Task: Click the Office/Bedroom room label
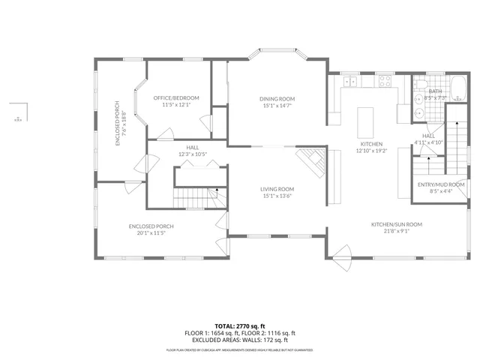[176, 98]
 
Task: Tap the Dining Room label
[277, 99]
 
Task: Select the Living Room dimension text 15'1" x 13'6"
[277, 196]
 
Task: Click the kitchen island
[366, 119]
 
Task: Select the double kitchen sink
[350, 79]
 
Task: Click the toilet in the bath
[420, 83]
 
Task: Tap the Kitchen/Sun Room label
[397, 224]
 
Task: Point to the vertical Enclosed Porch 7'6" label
[115, 121]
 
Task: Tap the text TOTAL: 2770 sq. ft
[240, 326]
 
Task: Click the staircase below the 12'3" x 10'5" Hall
[195, 198]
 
